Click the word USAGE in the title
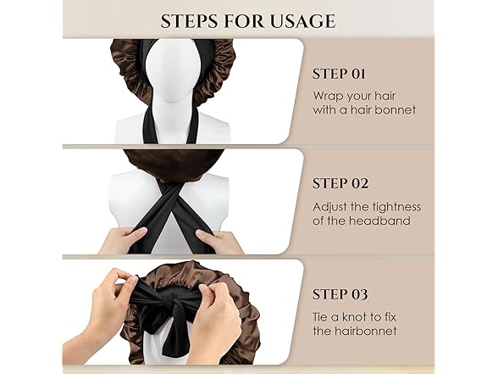(x=302, y=21)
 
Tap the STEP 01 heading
(x=339, y=74)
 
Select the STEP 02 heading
(x=340, y=183)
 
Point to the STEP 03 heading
(x=340, y=294)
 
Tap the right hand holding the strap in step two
(x=219, y=241)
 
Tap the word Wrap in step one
(x=326, y=96)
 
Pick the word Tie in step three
(x=320, y=317)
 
